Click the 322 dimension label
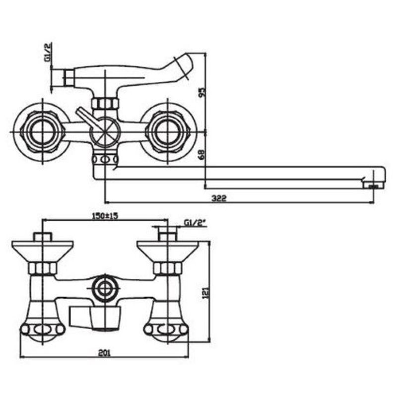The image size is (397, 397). coord(219,198)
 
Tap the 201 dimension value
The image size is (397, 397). coord(104,353)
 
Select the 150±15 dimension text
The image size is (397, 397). coord(105,216)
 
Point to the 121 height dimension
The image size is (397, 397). coord(206,292)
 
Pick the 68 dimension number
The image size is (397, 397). coord(202,154)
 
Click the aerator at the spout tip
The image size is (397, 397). coord(374,186)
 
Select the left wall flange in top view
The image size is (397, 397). coord(42,132)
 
